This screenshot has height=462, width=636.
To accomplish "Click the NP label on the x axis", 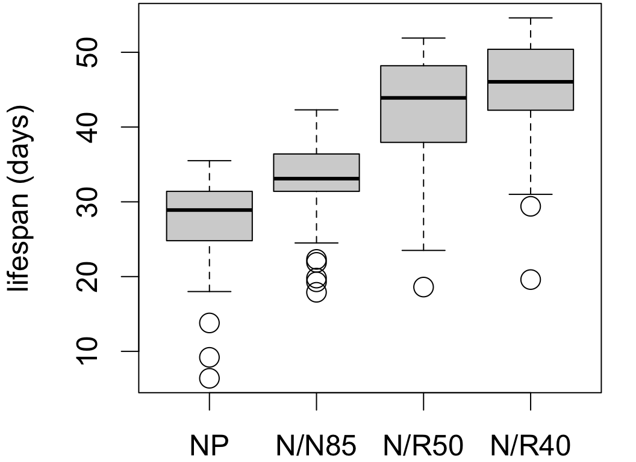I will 209,446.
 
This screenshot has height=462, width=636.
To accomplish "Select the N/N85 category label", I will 316,446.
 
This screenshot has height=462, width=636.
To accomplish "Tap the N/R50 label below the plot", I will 423,446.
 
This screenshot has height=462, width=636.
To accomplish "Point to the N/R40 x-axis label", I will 531,446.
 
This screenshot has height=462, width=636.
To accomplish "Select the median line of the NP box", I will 209,210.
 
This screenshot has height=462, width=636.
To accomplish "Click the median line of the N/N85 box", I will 316,179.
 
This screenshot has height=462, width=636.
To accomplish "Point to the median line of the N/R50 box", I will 423,97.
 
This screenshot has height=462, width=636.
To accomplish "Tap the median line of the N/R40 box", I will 531,82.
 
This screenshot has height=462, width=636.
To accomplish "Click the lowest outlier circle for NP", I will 209,378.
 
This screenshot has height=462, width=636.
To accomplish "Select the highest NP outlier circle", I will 209,323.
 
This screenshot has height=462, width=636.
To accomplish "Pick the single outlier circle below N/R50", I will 423,287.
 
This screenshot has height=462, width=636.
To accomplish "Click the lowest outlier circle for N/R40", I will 531,280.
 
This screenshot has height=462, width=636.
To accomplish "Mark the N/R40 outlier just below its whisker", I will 531,206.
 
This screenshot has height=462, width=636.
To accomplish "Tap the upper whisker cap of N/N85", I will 316,110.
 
